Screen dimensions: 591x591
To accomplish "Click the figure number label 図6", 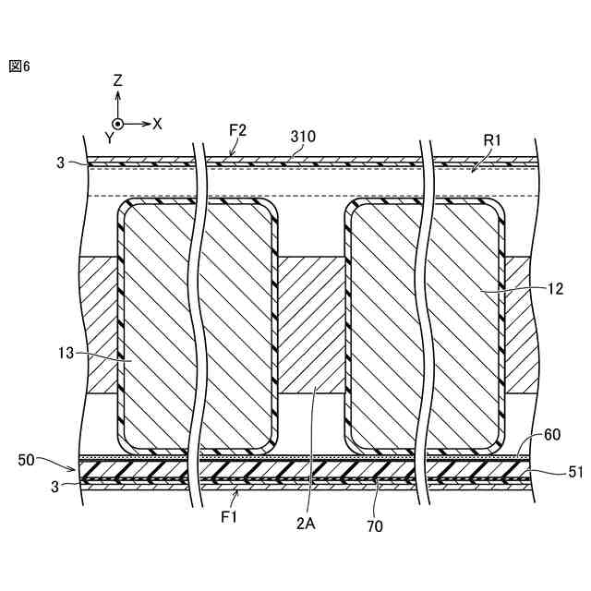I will (20, 66).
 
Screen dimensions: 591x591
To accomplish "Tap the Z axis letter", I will (117, 81).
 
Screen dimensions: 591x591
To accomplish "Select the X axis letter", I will (157, 123).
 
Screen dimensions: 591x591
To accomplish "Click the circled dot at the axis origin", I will (117, 123).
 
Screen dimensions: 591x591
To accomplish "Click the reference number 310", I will (303, 136).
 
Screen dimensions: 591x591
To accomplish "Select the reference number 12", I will (554, 289).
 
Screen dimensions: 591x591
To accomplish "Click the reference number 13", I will (66, 354).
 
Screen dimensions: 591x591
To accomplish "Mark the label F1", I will (229, 517).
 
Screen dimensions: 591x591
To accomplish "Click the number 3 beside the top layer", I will (60, 163).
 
